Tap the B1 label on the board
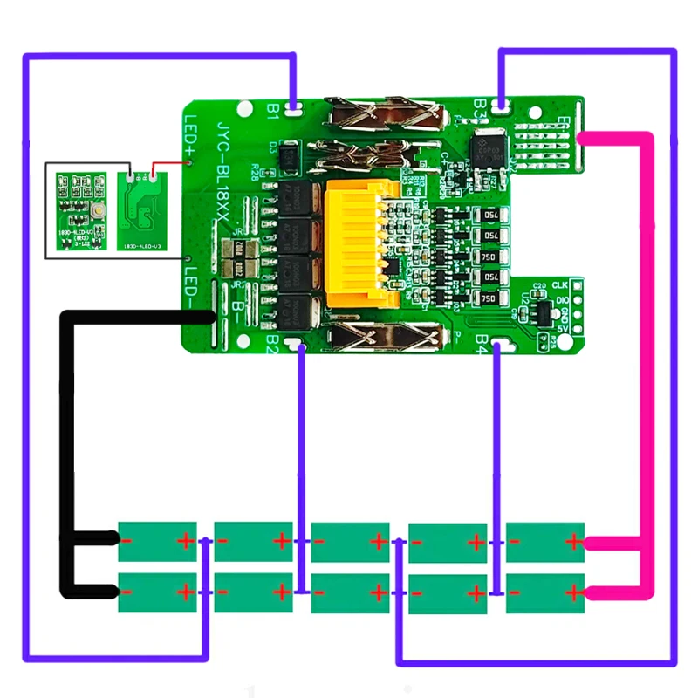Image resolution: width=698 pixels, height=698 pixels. (x=272, y=110)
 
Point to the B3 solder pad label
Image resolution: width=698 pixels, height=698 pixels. (x=479, y=106)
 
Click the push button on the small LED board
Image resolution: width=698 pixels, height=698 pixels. (x=91, y=210)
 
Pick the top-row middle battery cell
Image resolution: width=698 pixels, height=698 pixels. (x=350, y=541)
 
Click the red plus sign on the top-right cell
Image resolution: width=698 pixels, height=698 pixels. (x=572, y=542)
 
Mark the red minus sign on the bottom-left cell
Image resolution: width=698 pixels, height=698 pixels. (x=127, y=593)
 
